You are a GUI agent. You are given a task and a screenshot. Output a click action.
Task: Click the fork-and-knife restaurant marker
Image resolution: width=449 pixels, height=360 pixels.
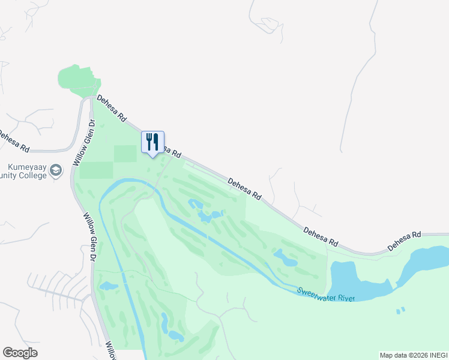(152, 143)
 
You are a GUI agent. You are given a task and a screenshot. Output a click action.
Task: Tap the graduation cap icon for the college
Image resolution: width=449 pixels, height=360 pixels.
(56, 170)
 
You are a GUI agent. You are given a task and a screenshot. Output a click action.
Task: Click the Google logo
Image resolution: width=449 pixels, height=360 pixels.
(20, 353)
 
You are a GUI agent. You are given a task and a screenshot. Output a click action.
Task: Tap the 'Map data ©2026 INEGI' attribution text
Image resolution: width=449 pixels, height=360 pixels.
(413, 355)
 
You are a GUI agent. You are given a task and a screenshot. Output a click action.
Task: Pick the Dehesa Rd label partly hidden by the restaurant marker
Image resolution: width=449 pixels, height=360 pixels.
(170, 151)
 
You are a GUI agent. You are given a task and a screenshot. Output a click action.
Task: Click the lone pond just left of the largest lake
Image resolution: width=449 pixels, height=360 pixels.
(286, 258)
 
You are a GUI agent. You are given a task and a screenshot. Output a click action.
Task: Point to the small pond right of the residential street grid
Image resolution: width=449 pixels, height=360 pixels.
(108, 286)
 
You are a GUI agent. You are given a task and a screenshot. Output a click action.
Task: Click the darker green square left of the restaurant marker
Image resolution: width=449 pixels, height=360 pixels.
(125, 154)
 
